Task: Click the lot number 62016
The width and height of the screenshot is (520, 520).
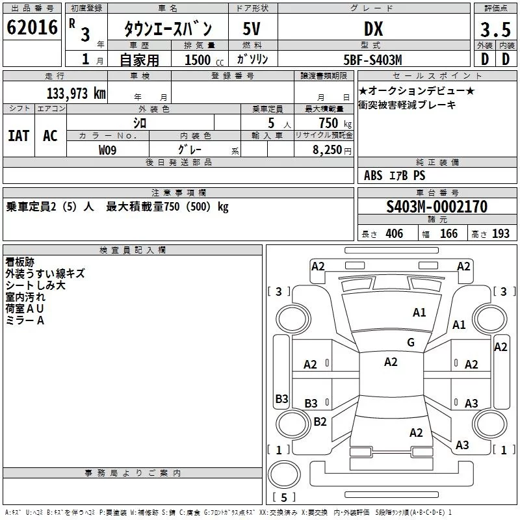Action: pyautogui.click(x=32, y=27)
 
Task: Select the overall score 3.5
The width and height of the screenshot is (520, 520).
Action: pyautogui.click(x=495, y=29)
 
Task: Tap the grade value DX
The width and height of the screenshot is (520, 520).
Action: pyautogui.click(x=374, y=29)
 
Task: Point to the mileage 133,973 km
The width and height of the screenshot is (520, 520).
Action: pyautogui.click(x=76, y=94)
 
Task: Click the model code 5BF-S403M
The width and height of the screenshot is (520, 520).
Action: pyautogui.click(x=372, y=60)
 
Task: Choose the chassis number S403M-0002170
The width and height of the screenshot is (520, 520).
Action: pyautogui.click(x=437, y=206)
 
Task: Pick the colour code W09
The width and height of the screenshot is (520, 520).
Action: pyautogui.click(x=107, y=150)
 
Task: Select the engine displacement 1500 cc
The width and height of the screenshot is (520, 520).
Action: pyautogui.click(x=204, y=60)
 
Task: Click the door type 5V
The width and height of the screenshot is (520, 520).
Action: pyautogui.click(x=252, y=29)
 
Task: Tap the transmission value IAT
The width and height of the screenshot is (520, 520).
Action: pyautogui.click(x=19, y=136)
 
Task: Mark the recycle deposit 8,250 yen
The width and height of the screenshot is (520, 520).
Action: pyautogui.click(x=332, y=150)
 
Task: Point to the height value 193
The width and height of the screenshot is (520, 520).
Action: pyautogui.click(x=500, y=234)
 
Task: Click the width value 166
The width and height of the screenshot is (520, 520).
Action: pyautogui.click(x=448, y=234)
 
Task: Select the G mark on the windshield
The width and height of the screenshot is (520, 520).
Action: pyautogui.click(x=411, y=343)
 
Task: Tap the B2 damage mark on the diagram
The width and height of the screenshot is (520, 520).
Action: pyautogui.click(x=320, y=421)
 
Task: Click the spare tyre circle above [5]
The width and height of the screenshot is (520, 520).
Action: pyautogui.click(x=284, y=474)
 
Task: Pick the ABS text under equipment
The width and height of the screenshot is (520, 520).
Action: pyautogui.click(x=373, y=175)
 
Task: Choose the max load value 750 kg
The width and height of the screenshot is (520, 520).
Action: pyautogui.click(x=335, y=123)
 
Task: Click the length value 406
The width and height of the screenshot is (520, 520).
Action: pyautogui.click(x=395, y=234)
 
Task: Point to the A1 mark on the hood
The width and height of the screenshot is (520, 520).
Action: pyautogui.click(x=419, y=313)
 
